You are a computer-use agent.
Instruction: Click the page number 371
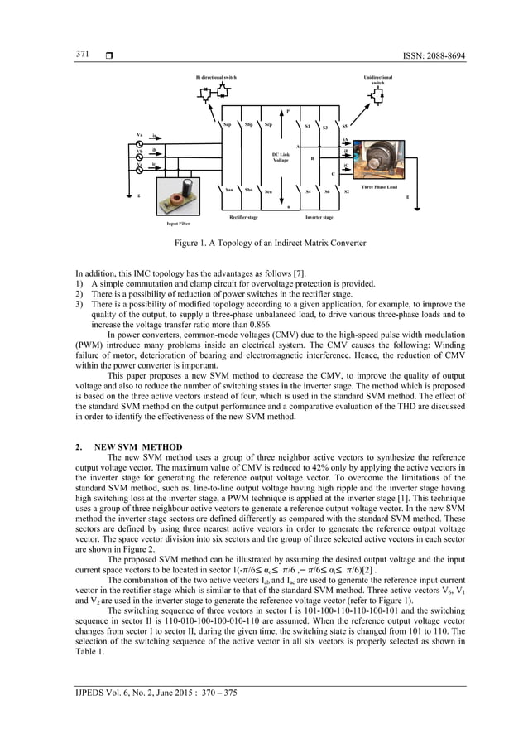click(x=83, y=54)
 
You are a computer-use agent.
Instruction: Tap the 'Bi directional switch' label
click(x=216, y=78)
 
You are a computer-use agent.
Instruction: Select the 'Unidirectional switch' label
click(x=377, y=80)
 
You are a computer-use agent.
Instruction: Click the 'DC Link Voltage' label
click(x=281, y=157)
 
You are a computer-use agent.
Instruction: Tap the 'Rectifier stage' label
click(x=242, y=217)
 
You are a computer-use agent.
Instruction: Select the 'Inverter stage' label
click(x=319, y=217)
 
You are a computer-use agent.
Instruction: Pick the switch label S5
click(x=345, y=127)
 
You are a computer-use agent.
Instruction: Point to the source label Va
click(x=139, y=134)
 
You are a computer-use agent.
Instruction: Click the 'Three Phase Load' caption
click(x=380, y=187)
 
